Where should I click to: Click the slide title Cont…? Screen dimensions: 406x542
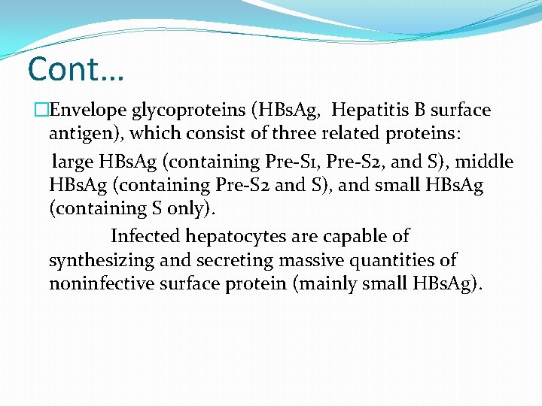tap(75, 69)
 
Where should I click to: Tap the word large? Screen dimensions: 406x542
tap(71, 162)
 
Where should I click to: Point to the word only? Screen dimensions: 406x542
tap(175, 208)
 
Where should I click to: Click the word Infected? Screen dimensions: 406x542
tap(145, 236)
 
